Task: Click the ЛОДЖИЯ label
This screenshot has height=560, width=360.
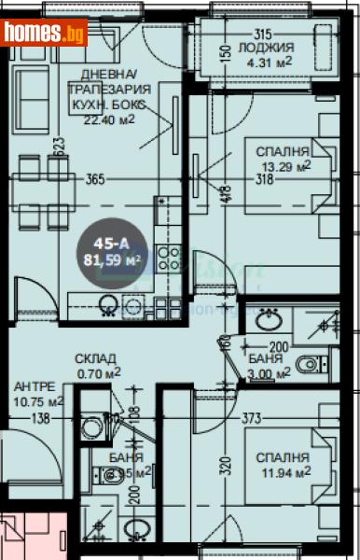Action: tap(266, 48)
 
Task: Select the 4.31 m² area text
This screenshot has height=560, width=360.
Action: tap(267, 63)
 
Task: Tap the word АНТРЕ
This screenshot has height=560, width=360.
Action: tap(35, 386)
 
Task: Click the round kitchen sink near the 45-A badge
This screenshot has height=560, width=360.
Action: tap(108, 304)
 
